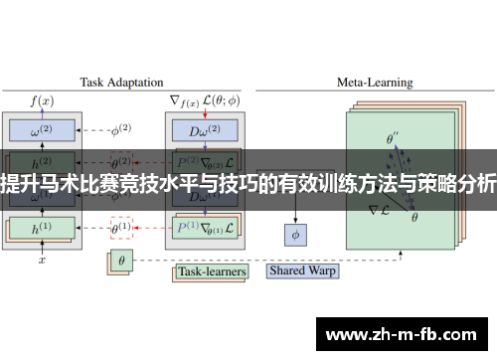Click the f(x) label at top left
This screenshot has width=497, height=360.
[43, 100]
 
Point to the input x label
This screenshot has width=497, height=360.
[42, 260]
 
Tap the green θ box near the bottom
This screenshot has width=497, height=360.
[121, 262]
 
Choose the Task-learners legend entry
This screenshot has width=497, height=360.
[212, 270]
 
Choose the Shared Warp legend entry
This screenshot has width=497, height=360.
[303, 270]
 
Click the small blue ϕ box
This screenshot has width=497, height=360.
[294, 236]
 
